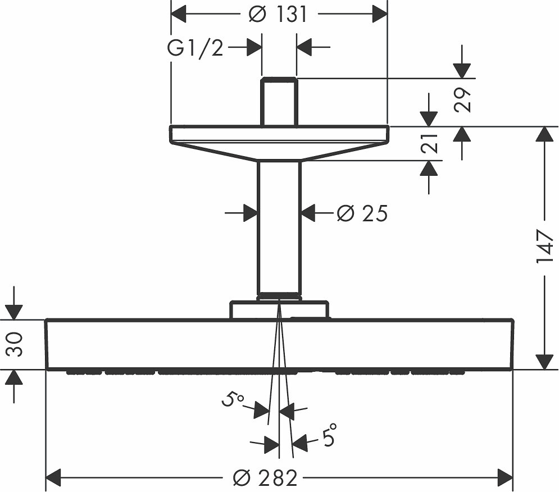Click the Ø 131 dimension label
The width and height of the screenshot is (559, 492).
pyautogui.click(x=278, y=15)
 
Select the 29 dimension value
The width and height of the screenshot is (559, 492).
pyautogui.click(x=462, y=100)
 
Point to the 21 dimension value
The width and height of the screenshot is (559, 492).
pyautogui.click(x=429, y=143)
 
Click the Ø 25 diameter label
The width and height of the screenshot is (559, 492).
pyautogui.click(x=362, y=213)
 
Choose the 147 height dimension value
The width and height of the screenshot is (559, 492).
pyautogui.click(x=544, y=247)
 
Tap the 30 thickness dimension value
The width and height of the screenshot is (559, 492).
pyautogui.click(x=15, y=344)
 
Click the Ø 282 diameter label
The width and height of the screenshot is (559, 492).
pyautogui.click(x=265, y=478)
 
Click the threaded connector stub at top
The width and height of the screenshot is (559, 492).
pyautogui.click(x=279, y=102)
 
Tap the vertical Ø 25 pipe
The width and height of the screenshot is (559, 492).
pyautogui.click(x=279, y=228)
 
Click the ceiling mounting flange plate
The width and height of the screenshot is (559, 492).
pyautogui.click(x=279, y=142)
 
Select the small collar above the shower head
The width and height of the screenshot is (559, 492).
pyautogui.click(x=279, y=309)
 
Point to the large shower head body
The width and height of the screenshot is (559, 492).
pyautogui.click(x=279, y=345)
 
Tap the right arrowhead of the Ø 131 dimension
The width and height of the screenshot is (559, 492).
pyautogui.click(x=380, y=14)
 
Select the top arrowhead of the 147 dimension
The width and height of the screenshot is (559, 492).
pyautogui.click(x=544, y=134)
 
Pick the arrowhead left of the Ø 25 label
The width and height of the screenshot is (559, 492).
pyautogui.click(x=250, y=213)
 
